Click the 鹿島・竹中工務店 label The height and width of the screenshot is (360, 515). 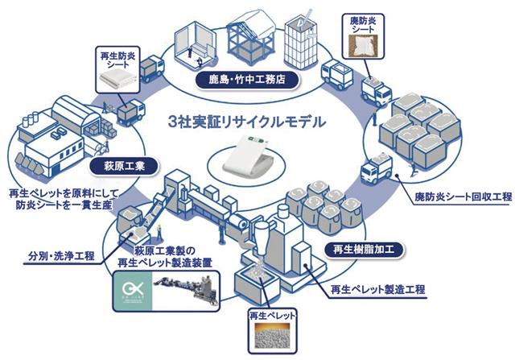pyautogui.click(x=247, y=80)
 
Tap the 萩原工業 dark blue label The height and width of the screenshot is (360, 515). pyautogui.click(x=124, y=166)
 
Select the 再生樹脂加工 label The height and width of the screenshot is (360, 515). pyautogui.click(x=364, y=250)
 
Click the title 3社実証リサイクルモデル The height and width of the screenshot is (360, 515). pyautogui.click(x=247, y=122)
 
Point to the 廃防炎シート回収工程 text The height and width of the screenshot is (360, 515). pyautogui.click(x=463, y=197)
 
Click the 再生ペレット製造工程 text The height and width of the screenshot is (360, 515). pyautogui.click(x=377, y=290)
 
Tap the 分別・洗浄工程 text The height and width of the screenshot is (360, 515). pyautogui.click(x=61, y=256)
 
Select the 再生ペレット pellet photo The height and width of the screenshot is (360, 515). pyautogui.click(x=272, y=336)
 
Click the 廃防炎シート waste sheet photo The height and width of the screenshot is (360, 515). pyautogui.click(x=363, y=46)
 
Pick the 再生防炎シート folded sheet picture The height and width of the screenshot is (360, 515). pyautogui.click(x=118, y=79)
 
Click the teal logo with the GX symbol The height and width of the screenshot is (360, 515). pyautogui.click(x=133, y=290)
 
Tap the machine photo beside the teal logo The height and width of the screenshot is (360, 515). pyautogui.click(x=186, y=290)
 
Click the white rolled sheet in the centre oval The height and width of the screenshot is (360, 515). pyautogui.click(x=247, y=154)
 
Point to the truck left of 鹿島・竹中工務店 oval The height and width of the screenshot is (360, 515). pyautogui.click(x=152, y=68)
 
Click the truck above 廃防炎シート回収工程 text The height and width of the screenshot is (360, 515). pyautogui.click(x=376, y=168)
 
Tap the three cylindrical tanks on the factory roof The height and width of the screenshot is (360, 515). pyautogui.click(x=30, y=119)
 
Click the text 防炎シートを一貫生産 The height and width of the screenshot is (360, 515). pyautogui.click(x=64, y=205)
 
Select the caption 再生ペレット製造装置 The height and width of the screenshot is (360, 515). pyautogui.click(x=164, y=263)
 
